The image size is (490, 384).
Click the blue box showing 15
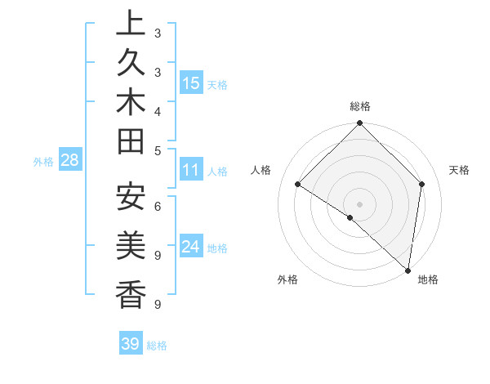point(191,83)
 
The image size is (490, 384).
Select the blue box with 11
point(191,171)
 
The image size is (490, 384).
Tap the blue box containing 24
point(191,247)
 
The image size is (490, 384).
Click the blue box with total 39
point(130,344)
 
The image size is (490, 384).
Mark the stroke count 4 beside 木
point(157,110)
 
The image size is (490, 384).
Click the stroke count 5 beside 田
point(157,151)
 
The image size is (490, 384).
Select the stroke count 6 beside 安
point(157,207)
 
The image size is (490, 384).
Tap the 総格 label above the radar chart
point(359,106)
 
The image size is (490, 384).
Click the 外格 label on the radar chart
point(287,280)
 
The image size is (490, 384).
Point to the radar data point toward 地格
point(408,270)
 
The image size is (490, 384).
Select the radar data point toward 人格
point(298,184)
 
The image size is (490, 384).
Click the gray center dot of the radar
point(359,203)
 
